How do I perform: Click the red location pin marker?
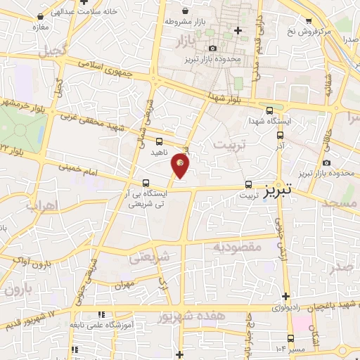click(x=180, y=165)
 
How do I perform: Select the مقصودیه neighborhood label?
click(x=238, y=247)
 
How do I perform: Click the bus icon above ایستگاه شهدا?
click(x=271, y=110)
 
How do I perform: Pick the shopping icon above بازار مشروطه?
click(x=184, y=11)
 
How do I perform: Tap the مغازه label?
click(x=39, y=27)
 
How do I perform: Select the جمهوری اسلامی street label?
click(x=117, y=71)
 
